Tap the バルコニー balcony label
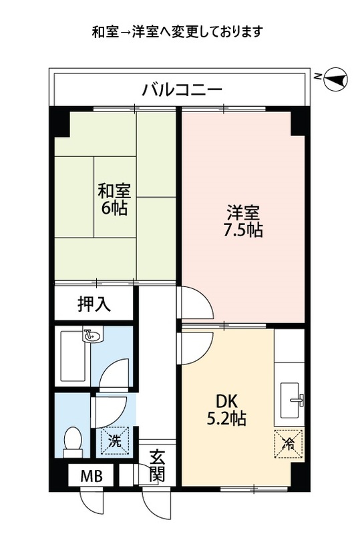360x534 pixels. [x=181, y=89]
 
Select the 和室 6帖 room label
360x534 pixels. [x=115, y=198]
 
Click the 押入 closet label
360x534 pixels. [x=94, y=305]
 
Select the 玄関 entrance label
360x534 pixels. [x=158, y=467]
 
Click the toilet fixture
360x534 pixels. [x=71, y=441]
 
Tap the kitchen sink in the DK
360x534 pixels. [x=291, y=400]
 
